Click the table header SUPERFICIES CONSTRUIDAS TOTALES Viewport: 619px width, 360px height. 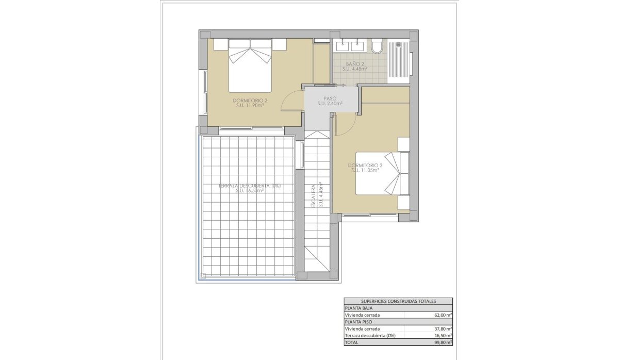[x=398, y=301]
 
